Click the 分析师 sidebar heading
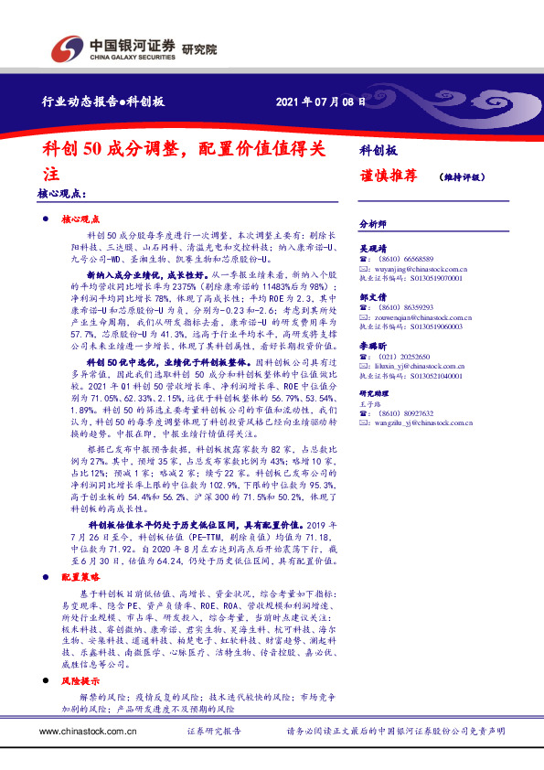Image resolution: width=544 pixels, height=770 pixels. tap(373, 223)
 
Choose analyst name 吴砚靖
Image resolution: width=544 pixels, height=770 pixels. tap(373, 247)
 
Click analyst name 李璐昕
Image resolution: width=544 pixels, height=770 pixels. tap(373, 347)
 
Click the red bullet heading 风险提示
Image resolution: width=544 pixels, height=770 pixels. tap(80, 683)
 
